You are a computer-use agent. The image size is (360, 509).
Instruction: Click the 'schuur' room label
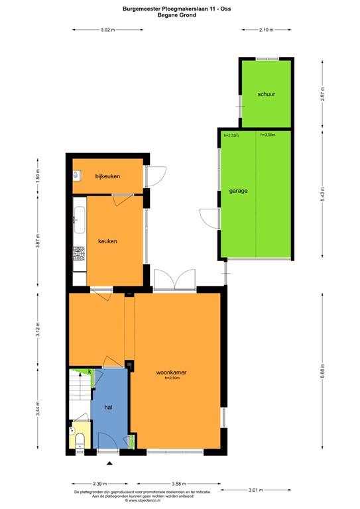[267, 95]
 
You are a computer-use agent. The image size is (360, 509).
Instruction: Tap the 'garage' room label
[239, 191]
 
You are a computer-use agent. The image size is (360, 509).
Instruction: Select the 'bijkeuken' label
[107, 176]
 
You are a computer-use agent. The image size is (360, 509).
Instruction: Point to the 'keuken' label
[107, 241]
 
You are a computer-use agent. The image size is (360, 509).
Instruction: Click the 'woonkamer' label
[172, 372]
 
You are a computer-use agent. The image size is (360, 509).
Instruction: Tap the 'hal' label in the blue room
[107, 408]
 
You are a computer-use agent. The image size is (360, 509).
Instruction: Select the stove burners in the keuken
[80, 253]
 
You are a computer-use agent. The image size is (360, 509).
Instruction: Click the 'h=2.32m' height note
[231, 136]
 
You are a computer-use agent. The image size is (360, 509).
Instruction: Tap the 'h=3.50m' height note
[268, 135]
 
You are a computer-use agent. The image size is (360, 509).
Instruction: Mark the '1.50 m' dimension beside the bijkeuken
[38, 177]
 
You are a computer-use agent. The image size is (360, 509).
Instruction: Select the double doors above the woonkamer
[173, 280]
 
